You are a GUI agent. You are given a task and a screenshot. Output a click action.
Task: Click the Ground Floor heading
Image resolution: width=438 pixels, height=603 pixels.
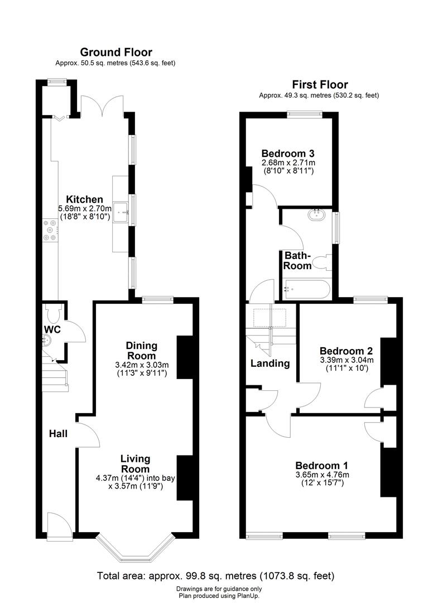116,52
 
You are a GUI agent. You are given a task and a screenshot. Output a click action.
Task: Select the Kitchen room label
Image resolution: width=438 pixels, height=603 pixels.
85,199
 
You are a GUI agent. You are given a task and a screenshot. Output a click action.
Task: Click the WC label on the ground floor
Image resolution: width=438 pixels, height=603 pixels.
52,329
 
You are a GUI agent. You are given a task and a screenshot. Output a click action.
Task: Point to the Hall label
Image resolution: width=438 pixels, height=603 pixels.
58,433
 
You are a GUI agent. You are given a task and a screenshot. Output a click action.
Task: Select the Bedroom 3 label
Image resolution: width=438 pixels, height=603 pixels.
288,154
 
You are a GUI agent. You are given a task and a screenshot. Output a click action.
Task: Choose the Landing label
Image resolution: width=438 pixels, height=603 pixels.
269,363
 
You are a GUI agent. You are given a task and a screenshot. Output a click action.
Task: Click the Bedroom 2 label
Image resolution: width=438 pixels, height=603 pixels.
346,351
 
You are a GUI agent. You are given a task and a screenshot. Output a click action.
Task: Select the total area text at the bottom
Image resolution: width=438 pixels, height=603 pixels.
215,576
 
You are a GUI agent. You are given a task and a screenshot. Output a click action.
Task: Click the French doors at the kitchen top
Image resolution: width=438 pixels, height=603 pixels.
102,105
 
